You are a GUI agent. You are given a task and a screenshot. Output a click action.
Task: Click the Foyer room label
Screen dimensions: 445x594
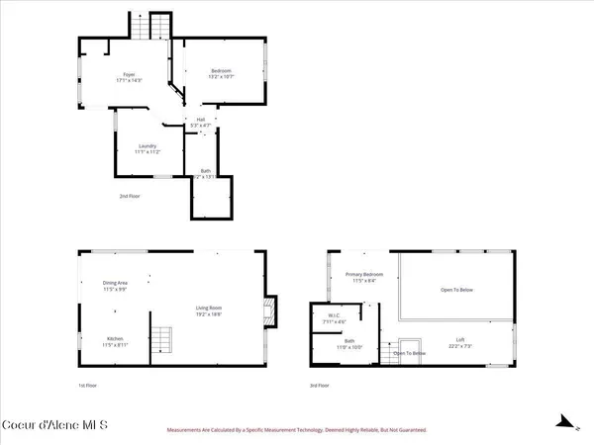click(129, 74)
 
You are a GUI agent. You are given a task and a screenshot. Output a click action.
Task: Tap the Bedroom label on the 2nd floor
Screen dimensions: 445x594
click(221, 71)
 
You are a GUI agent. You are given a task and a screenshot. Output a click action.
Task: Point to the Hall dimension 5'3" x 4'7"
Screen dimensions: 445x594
click(200, 126)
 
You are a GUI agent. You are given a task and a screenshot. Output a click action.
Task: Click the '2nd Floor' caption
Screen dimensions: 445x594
click(129, 197)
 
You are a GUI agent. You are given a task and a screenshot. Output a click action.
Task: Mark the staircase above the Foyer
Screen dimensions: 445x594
click(146, 27)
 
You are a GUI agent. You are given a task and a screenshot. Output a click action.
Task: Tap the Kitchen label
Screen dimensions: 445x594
click(115, 339)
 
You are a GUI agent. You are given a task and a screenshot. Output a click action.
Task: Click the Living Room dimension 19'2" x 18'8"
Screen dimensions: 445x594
click(208, 313)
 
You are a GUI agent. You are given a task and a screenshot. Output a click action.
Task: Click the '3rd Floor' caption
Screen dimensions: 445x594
click(343, 385)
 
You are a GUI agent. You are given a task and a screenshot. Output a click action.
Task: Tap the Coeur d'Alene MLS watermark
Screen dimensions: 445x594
click(55, 425)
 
